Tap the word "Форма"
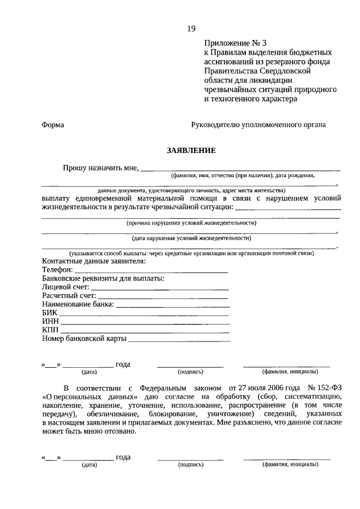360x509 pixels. click(x=53, y=125)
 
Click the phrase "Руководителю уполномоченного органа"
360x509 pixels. click(x=258, y=125)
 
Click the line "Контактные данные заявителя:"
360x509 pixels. click(x=94, y=262)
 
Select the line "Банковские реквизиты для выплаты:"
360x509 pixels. click(x=103, y=278)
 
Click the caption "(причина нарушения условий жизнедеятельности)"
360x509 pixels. click(x=191, y=223)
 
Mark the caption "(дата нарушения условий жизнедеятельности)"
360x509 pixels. click(x=191, y=238)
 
